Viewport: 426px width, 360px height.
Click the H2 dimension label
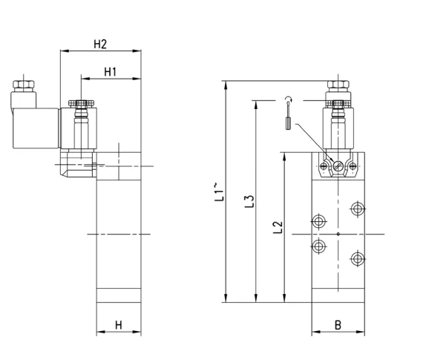[100, 44]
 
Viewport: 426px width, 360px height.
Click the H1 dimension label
[111, 72]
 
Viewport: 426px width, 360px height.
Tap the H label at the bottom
[119, 325]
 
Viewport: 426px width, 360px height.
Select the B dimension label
[338, 325]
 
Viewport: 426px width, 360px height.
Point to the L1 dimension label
[219, 192]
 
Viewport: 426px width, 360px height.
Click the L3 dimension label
[249, 201]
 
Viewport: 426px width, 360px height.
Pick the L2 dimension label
[278, 227]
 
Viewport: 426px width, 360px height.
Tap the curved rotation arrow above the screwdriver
[289, 99]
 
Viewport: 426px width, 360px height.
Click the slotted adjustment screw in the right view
[338, 166]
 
